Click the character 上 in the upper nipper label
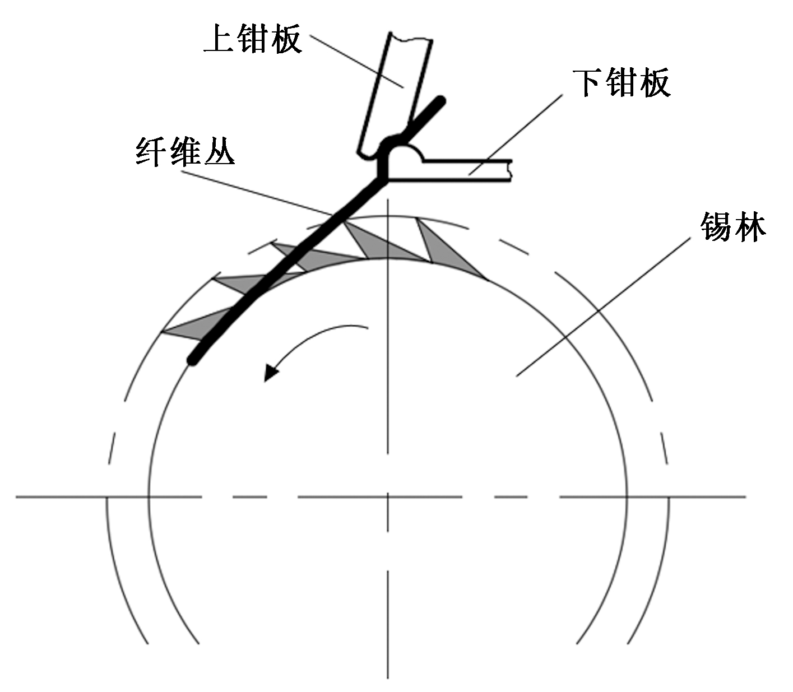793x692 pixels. pyautogui.click(x=219, y=38)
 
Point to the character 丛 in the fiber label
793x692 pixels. pyautogui.click(x=219, y=151)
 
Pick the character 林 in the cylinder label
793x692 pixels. pyautogui.click(x=749, y=227)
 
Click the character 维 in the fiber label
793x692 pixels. pyautogui.click(x=186, y=151)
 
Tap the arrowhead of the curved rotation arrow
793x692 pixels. pyautogui.click(x=271, y=372)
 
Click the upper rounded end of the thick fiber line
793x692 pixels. pyautogui.click(x=442, y=101)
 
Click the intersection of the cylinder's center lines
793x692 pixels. pyautogui.click(x=388, y=496)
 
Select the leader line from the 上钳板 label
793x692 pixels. pyautogui.click(x=359, y=62)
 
